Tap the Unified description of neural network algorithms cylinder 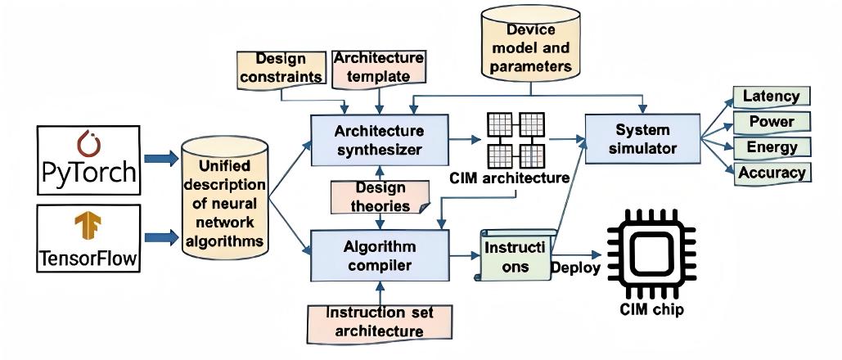pos(224,197)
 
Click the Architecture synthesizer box pos(379,139)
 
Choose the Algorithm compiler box pos(380,255)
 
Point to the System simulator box pos(642,138)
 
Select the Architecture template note pos(378,67)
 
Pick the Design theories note pos(380,196)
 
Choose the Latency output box pos(771,96)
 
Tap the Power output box pos(771,122)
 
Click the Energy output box pos(771,147)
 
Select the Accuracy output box pos(772,173)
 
